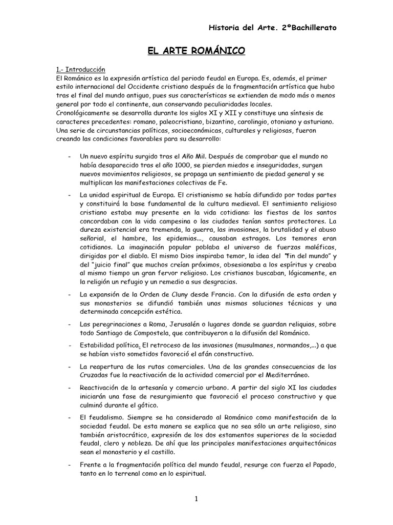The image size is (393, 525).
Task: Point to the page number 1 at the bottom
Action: [197, 499]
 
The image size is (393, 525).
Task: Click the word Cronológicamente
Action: [88, 113]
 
